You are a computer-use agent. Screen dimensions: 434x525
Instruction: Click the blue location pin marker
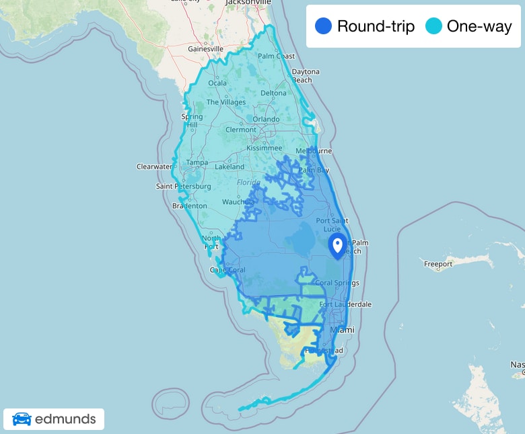coord(338,246)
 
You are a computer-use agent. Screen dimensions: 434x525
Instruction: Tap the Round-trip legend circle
coord(324,27)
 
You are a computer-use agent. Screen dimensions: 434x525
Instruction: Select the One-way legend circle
coord(434,27)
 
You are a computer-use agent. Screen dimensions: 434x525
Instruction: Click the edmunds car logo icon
coord(22,419)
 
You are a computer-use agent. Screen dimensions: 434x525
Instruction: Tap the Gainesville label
coord(205,49)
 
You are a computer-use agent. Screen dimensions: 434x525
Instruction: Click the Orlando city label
coord(266,120)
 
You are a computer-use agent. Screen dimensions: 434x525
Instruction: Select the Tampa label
coord(197,163)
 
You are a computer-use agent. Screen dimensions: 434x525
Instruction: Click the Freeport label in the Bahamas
coord(438,264)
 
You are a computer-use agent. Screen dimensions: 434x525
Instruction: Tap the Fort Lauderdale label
coord(345,304)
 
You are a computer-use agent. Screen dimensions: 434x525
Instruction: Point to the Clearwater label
coord(155,166)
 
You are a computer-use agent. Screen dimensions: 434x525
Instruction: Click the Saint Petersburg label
coord(179,186)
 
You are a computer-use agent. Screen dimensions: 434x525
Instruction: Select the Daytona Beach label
coord(305,76)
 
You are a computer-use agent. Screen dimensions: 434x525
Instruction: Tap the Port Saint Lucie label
coord(331,224)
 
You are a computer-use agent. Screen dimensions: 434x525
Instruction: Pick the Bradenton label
coord(189,206)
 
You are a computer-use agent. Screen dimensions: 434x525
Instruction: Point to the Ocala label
coord(217,83)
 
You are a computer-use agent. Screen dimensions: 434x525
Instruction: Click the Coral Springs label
coord(337,283)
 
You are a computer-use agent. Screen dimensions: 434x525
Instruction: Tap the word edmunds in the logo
coord(65,420)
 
